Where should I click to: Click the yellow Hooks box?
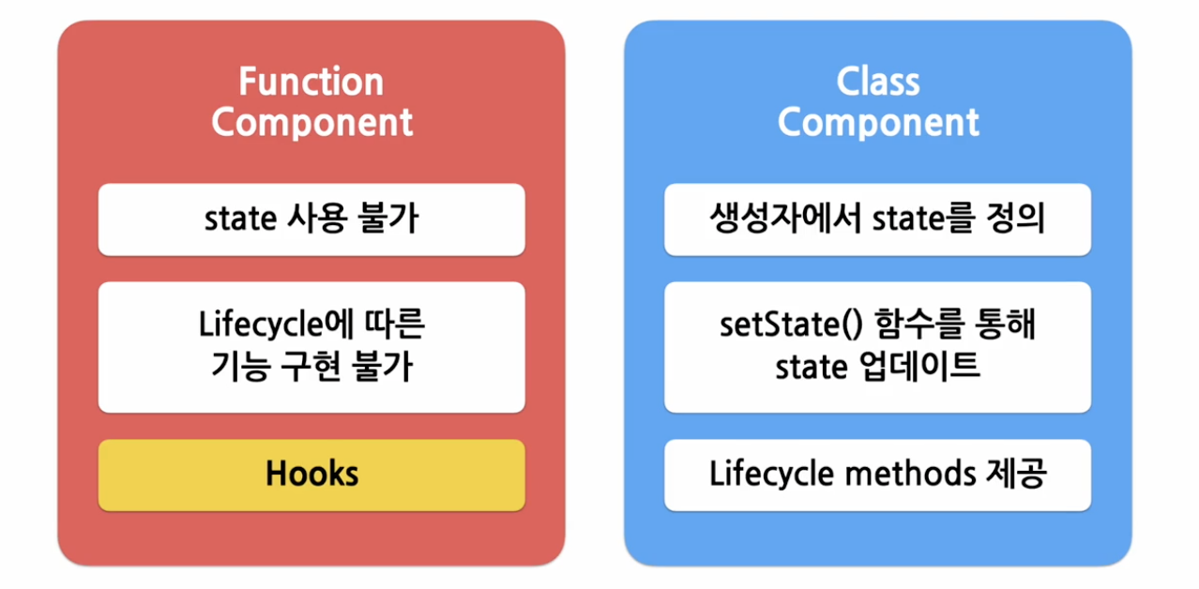pos(311,474)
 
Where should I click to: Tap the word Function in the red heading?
pos(311,83)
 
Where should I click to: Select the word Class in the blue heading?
pos(877,83)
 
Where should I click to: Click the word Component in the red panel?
pos(311,123)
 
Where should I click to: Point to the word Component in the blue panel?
pos(877,123)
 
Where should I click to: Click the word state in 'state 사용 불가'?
pos(237,219)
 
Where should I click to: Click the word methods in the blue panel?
pos(897,474)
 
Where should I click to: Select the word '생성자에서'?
pos(785,219)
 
